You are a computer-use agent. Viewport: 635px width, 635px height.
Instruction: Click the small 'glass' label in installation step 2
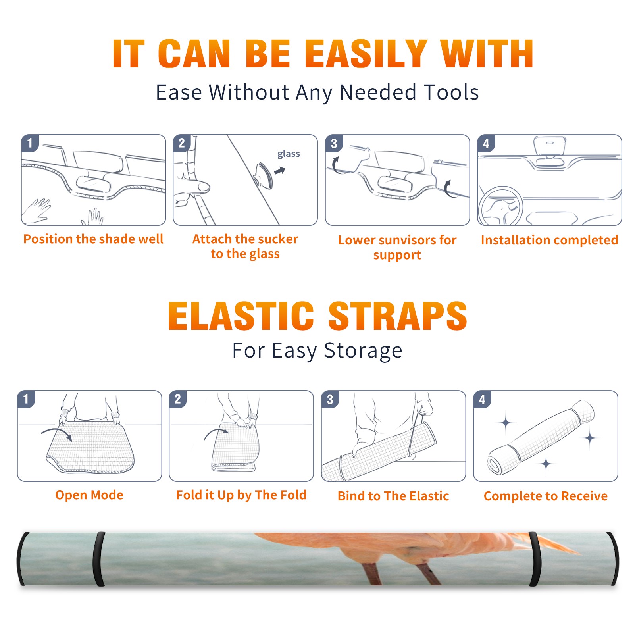tap(289, 154)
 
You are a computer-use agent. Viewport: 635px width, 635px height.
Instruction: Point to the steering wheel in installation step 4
tap(501, 206)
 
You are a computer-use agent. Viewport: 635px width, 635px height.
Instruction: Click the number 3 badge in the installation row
tap(334, 143)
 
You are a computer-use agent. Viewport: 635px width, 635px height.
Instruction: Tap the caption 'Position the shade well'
tap(93, 239)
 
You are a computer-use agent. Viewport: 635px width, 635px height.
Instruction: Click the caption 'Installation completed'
tap(549, 240)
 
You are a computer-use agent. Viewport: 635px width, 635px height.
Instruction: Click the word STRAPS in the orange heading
tap(398, 316)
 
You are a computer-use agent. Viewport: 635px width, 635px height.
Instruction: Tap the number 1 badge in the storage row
tap(26, 399)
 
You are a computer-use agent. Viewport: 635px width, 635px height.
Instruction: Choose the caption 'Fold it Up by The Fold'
tap(241, 495)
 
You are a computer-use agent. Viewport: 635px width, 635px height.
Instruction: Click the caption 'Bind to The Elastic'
tap(393, 496)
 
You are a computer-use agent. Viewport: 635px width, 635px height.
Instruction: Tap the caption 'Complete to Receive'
tap(546, 496)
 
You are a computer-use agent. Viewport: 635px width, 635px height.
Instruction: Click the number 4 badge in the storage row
tap(482, 399)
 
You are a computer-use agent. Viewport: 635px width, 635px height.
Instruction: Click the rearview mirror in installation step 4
tap(550, 146)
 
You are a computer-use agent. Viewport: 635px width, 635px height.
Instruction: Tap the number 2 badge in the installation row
tap(182, 143)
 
